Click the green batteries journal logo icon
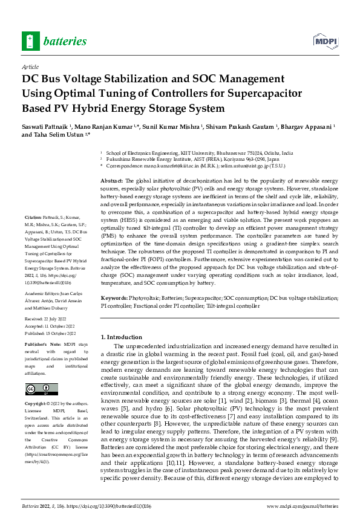tap(30, 41)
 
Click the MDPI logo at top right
tap(324, 41)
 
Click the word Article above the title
tap(30, 66)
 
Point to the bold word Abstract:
tap(112, 181)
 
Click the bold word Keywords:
tap(114, 299)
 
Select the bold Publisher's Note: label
tap(41, 343)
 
